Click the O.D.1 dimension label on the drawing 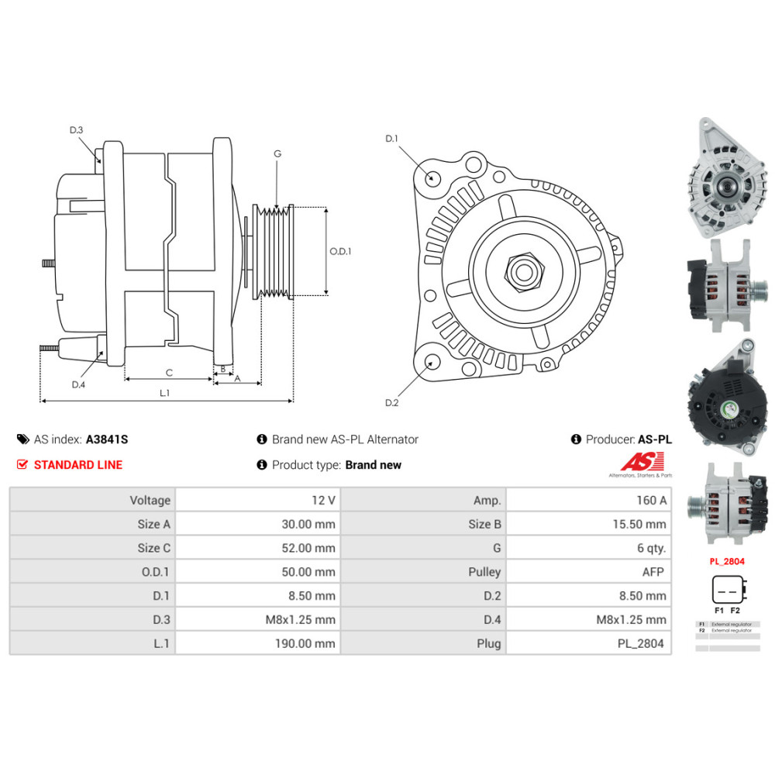click(341, 251)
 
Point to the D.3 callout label click(76, 130)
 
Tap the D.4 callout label click(77, 385)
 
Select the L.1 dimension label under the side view click(164, 393)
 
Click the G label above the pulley click(277, 153)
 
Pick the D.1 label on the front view click(391, 139)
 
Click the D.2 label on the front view click(391, 403)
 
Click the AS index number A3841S click(107, 439)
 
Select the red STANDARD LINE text click(77, 465)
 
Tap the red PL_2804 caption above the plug click(727, 560)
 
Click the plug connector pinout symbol click(728, 591)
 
